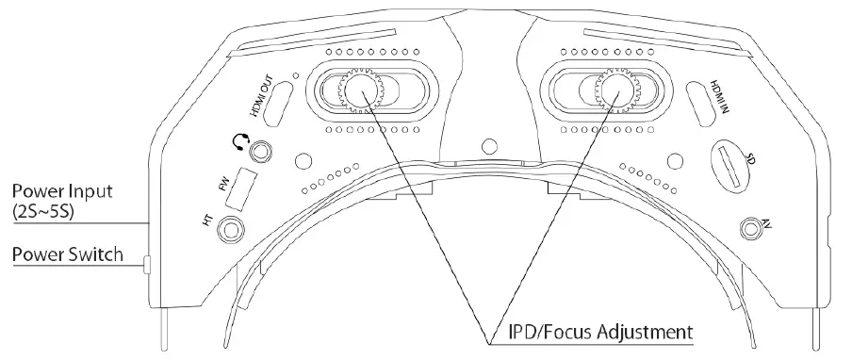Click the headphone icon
[239, 142]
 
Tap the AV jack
[752, 227]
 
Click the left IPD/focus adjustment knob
[357, 91]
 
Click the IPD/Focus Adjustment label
[586, 332]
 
